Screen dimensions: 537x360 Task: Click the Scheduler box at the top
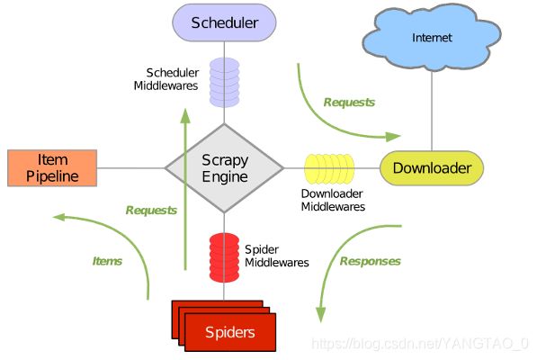point(224,22)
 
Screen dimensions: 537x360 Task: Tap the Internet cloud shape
point(432,37)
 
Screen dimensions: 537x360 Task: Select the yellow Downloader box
point(432,167)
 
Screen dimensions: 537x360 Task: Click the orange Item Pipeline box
point(52,167)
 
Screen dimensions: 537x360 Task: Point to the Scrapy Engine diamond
point(224,167)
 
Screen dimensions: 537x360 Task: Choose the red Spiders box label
point(229,332)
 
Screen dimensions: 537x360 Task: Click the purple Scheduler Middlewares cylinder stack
point(224,82)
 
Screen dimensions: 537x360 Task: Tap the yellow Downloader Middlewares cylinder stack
point(329,168)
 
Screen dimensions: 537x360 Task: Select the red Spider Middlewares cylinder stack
point(224,257)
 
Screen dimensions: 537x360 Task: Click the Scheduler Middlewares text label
point(166,79)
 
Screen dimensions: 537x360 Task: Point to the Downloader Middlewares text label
point(333,200)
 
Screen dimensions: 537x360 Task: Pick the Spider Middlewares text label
point(277,256)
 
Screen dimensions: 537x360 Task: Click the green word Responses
point(371,261)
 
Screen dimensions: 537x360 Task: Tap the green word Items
point(107,261)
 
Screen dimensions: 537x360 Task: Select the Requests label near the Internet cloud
point(349,102)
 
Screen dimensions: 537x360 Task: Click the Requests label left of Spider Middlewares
point(151,210)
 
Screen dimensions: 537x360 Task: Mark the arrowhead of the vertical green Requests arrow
point(185,116)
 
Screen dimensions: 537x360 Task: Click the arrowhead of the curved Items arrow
point(58,217)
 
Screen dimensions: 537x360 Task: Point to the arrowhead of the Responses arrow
point(320,314)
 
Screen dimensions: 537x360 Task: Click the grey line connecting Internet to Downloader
point(432,111)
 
